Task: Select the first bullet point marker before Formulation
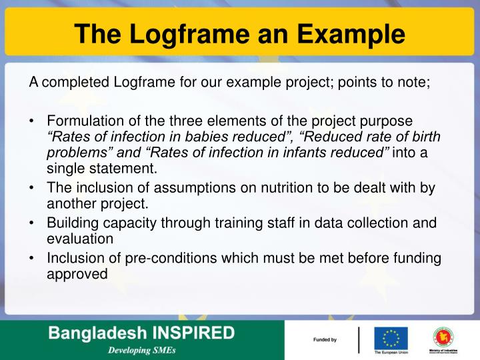coord(32,121)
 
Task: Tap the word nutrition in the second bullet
coord(244,189)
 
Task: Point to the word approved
coord(77,274)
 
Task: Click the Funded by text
coord(325,341)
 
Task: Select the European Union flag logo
coord(391,337)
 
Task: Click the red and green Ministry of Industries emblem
coord(443,337)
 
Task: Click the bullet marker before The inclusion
coord(32,189)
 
